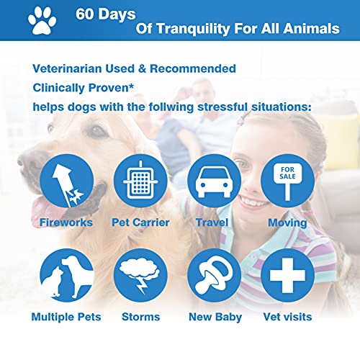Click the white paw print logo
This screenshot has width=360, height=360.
click(42, 20)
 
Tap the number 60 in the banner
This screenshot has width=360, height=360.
click(85, 14)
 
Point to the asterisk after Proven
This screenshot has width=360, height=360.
click(131, 85)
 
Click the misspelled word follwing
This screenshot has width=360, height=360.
click(171, 107)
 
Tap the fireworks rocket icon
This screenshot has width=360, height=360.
click(67, 181)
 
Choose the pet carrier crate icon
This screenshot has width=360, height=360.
click(140, 181)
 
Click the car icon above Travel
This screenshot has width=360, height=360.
click(214, 181)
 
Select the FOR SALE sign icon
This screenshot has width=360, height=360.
click(287, 181)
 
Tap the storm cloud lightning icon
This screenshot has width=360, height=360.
click(140, 275)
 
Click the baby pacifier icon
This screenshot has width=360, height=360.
click(214, 275)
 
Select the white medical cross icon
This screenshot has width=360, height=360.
click(287, 275)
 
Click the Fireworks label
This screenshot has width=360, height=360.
click(66, 222)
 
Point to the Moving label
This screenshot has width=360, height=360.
click(287, 223)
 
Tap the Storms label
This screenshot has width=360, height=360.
click(141, 317)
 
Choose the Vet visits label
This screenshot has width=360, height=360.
click(287, 317)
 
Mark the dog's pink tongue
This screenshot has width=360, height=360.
click(45, 211)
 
